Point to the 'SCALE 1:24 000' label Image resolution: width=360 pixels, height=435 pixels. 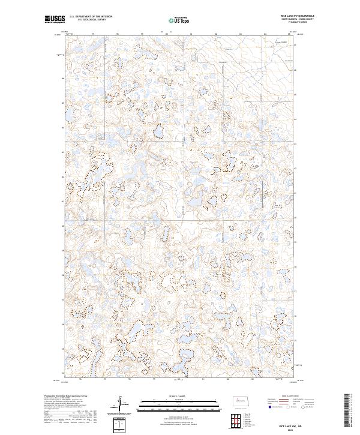point(175,395)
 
